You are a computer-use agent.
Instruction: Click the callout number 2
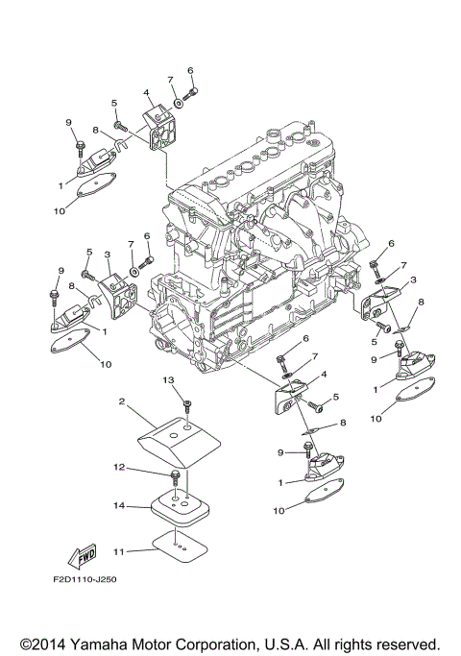click(x=123, y=401)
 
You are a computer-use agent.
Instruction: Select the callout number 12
click(x=120, y=468)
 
